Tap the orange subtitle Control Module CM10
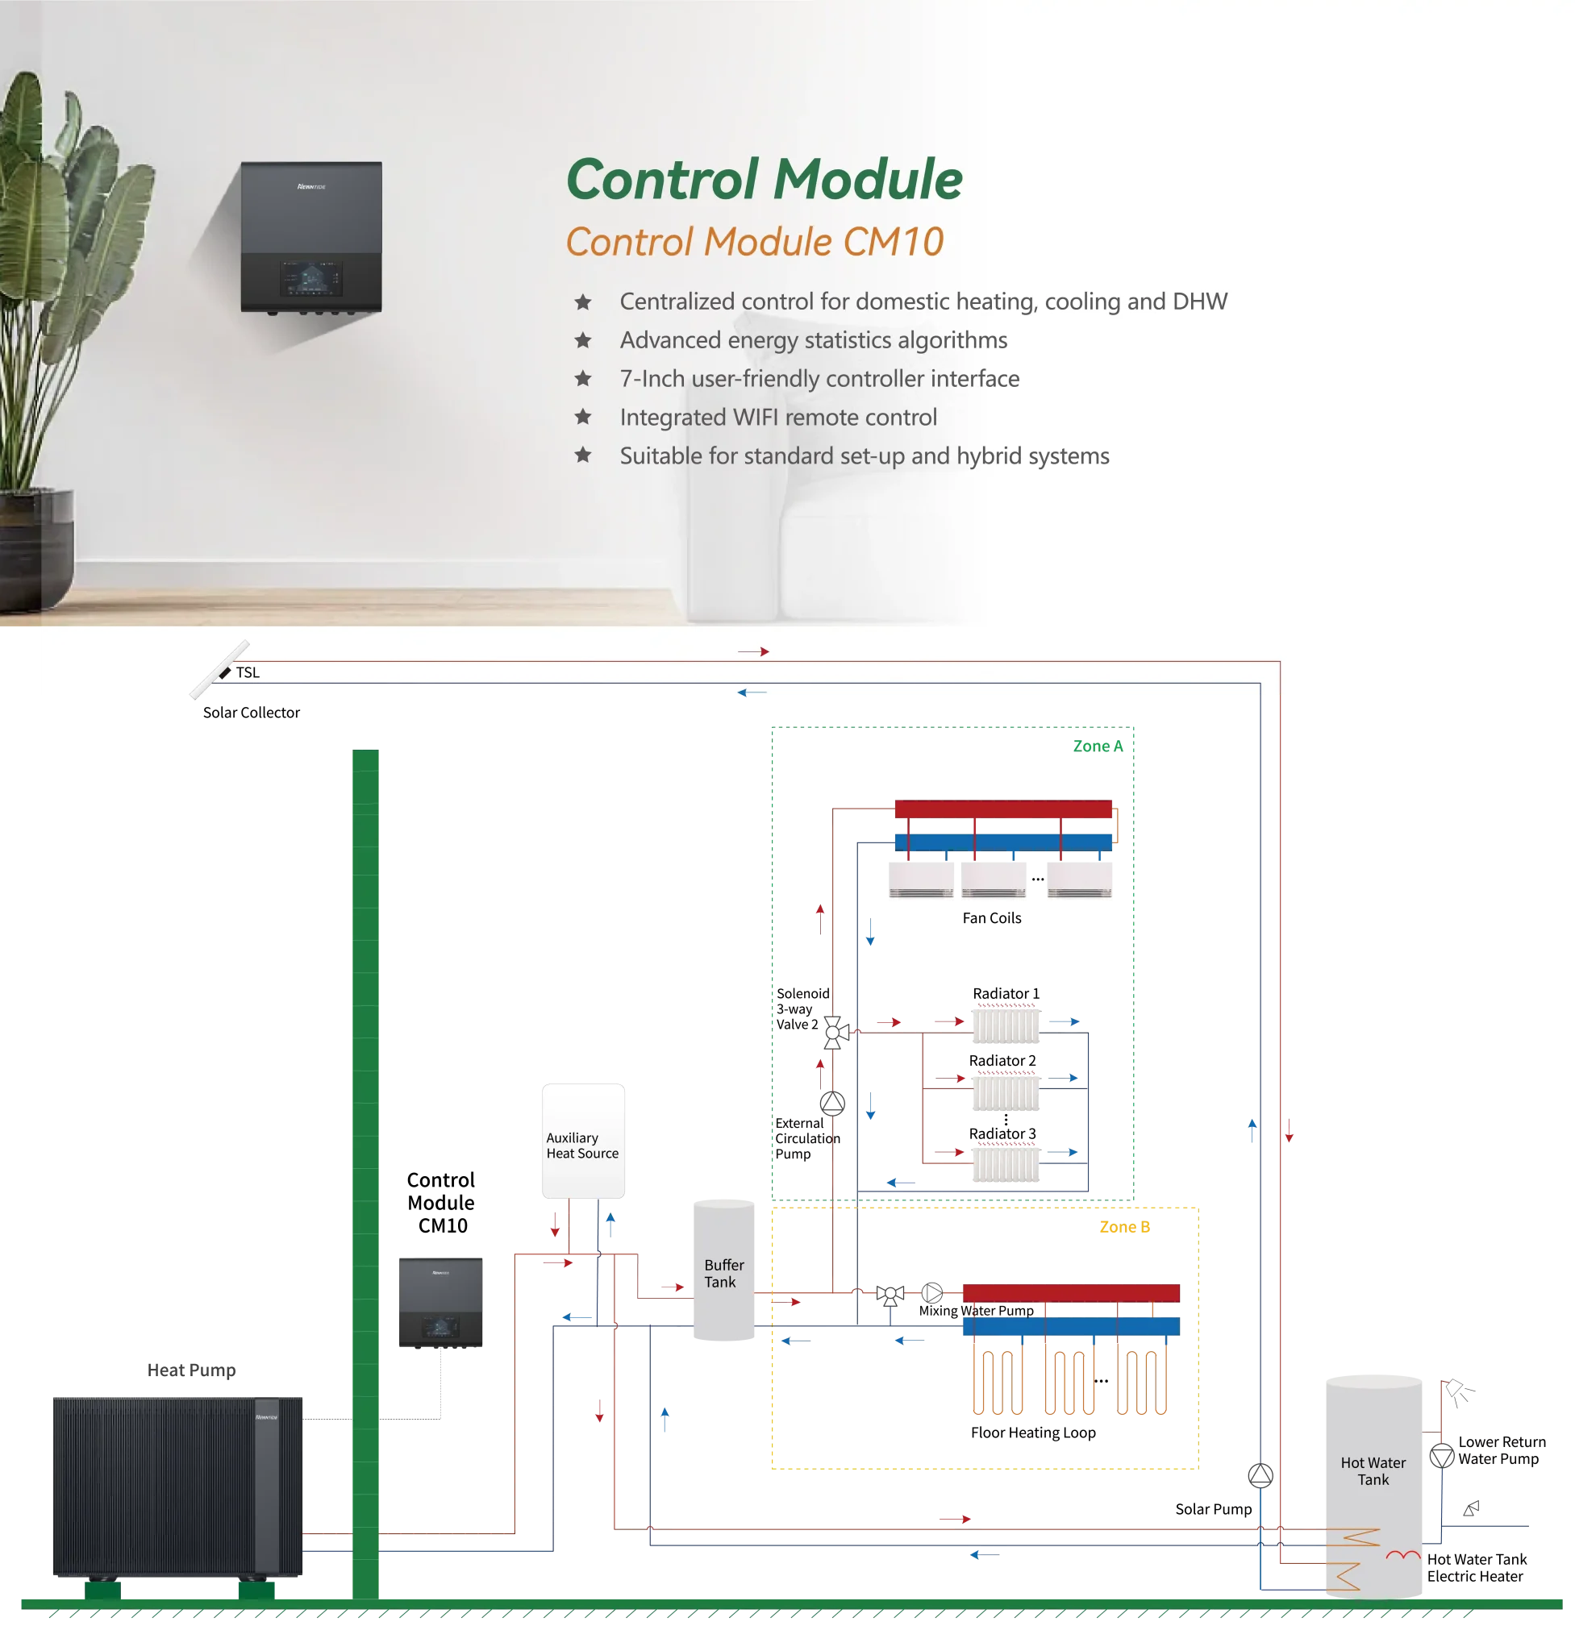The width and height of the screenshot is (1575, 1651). (754, 242)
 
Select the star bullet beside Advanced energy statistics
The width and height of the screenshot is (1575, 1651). (582, 340)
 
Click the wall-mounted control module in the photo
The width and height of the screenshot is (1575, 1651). (310, 238)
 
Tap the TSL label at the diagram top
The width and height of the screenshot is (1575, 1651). (248, 672)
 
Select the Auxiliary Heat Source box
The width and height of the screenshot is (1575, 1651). (584, 1142)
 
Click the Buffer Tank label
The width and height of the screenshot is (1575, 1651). (723, 1272)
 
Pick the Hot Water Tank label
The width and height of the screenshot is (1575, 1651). (1373, 1470)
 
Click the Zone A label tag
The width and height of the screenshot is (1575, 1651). (1098, 746)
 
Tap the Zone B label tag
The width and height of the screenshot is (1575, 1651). (1125, 1227)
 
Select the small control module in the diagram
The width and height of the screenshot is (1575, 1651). (438, 1302)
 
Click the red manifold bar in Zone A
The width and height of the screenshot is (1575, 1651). (1002, 809)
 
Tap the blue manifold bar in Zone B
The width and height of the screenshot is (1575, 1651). (1070, 1326)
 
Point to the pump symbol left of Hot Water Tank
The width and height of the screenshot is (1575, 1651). (1260, 1474)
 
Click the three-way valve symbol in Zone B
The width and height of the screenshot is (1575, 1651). (890, 1294)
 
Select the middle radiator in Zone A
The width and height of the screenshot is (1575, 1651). (1006, 1092)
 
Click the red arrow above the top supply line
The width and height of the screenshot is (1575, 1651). (753, 651)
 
